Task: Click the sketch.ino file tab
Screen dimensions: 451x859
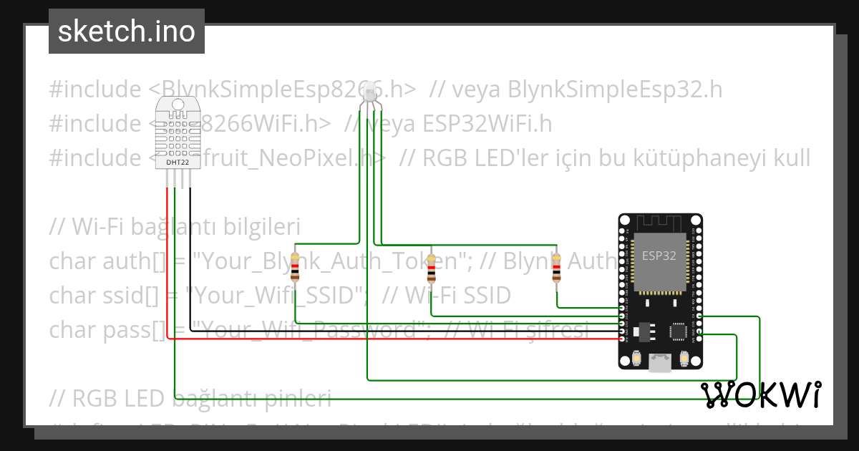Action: tap(127, 31)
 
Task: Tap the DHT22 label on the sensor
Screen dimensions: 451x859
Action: tap(178, 163)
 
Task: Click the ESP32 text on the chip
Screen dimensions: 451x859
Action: tap(659, 256)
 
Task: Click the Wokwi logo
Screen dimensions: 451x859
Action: tap(760, 394)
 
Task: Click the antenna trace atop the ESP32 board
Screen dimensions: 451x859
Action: tap(659, 223)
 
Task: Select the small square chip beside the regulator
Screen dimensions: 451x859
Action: tap(678, 330)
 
